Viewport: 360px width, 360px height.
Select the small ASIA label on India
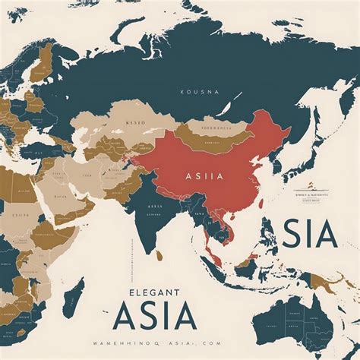pyautogui.click(x=156, y=206)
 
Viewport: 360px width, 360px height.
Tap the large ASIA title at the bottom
pyautogui.click(x=163, y=316)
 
